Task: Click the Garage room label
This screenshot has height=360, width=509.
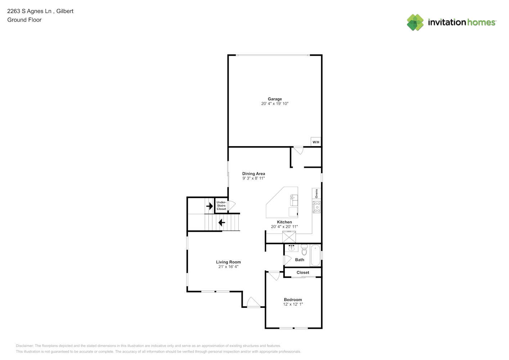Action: pyautogui.click(x=275, y=99)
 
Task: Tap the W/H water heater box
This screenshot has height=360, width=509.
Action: pyautogui.click(x=316, y=142)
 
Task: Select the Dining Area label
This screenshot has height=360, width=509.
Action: pyautogui.click(x=253, y=174)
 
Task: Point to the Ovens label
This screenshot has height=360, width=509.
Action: pyautogui.click(x=316, y=194)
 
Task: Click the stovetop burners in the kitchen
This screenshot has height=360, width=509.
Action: pyautogui.click(x=317, y=207)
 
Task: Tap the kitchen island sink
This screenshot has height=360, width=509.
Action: pyautogui.click(x=294, y=200)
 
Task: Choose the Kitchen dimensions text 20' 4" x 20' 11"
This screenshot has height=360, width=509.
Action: pyautogui.click(x=284, y=226)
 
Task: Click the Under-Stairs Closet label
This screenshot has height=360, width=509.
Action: pyautogui.click(x=221, y=206)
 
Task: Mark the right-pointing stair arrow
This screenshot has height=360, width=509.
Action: pyautogui.click(x=210, y=206)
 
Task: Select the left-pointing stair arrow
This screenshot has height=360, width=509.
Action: pyautogui.click(x=221, y=222)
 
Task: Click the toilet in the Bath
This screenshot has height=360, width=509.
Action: pyautogui.click(x=304, y=250)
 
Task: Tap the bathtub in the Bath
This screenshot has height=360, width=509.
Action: pyautogui.click(x=315, y=255)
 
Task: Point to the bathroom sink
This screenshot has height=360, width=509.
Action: pyautogui.click(x=291, y=248)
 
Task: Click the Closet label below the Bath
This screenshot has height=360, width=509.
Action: pyautogui.click(x=303, y=273)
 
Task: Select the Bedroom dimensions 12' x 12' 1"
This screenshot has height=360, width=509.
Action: pyautogui.click(x=293, y=304)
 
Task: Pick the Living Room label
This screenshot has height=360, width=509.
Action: pyautogui.click(x=228, y=262)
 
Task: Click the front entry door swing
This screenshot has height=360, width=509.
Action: pyautogui.click(x=253, y=302)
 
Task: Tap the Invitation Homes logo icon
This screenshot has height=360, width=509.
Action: pyautogui.click(x=415, y=22)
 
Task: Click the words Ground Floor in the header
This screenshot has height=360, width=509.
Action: pyautogui.click(x=24, y=20)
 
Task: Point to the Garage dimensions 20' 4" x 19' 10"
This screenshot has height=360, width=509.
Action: pyautogui.click(x=275, y=104)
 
